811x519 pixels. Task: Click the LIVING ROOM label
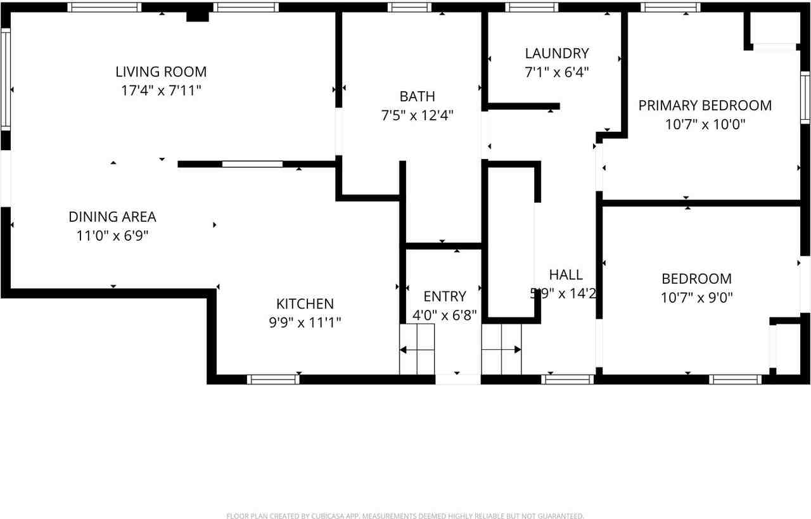(161, 72)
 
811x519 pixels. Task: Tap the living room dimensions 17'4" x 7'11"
(161, 90)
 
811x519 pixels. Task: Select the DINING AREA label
(112, 217)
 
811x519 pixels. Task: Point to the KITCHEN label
(305, 304)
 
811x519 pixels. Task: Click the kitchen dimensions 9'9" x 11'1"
(305, 323)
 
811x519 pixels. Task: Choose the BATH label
(417, 96)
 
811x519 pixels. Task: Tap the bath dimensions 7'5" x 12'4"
(417, 115)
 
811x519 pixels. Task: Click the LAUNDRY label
(557, 53)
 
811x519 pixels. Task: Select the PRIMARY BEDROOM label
(705, 105)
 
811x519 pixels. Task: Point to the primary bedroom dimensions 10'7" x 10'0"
(705, 124)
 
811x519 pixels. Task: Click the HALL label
(566, 274)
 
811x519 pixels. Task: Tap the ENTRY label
(444, 296)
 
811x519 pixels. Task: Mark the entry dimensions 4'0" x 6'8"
(444, 315)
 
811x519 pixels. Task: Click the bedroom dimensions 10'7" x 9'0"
(696, 297)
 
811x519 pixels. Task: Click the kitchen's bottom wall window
(273, 380)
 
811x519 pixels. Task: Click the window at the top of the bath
(409, 8)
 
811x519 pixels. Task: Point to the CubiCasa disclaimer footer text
(405, 516)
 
